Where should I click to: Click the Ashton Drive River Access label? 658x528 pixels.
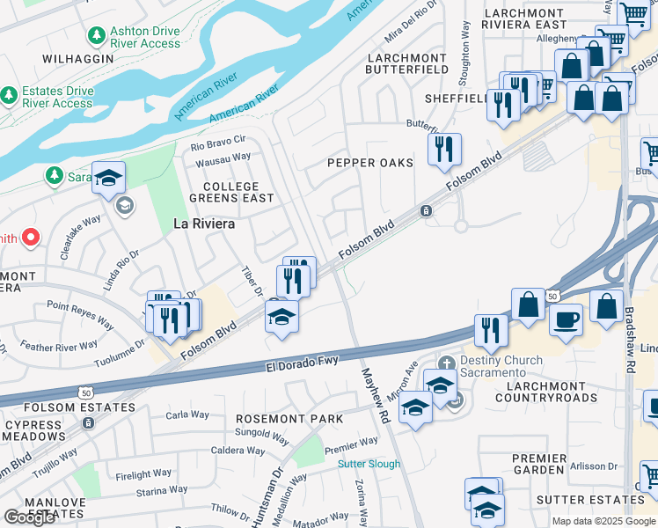point(145,38)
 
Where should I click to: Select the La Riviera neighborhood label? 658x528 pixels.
point(204,224)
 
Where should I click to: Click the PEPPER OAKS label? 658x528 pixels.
point(369,163)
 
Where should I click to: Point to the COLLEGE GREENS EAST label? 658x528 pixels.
point(231,193)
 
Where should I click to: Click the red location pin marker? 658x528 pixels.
point(30,238)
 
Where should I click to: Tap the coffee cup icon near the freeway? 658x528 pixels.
point(567,318)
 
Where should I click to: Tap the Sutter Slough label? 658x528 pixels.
point(369,464)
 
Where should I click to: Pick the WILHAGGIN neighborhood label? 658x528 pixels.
point(78,58)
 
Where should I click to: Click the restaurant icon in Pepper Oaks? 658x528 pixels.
point(445,149)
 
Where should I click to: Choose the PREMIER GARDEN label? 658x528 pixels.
point(539,465)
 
